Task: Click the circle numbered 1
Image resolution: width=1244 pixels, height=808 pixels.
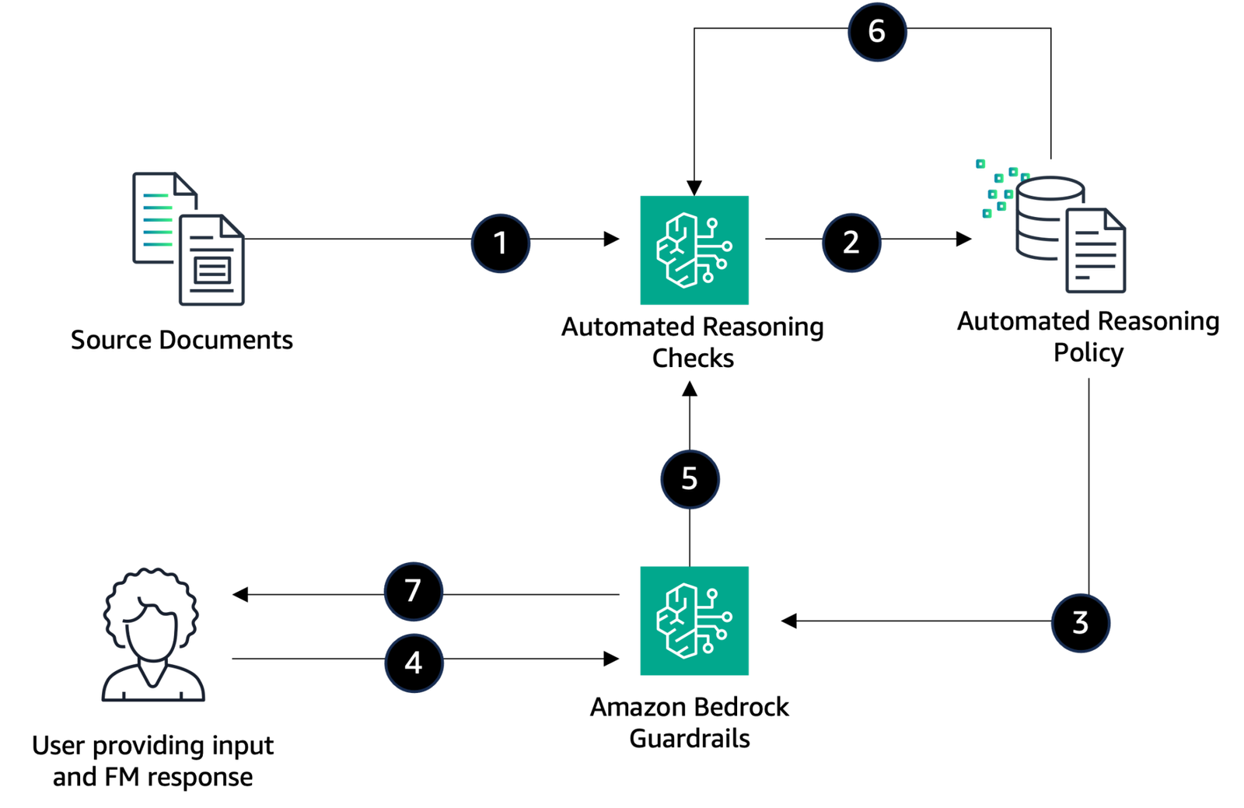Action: click(501, 243)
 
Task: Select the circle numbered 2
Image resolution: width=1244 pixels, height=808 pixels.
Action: click(851, 243)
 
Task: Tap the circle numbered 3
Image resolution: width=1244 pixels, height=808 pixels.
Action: click(1080, 623)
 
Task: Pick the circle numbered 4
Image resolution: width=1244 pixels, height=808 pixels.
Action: click(414, 663)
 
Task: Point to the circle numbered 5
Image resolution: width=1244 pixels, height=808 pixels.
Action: click(690, 479)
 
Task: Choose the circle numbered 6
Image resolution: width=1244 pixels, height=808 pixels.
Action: click(877, 32)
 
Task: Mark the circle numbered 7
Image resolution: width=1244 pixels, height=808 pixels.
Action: click(414, 591)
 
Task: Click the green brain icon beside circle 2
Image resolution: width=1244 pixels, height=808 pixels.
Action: click(694, 250)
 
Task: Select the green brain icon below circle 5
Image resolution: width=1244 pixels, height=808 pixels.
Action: click(694, 621)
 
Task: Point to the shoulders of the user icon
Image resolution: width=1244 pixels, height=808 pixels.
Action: click(153, 688)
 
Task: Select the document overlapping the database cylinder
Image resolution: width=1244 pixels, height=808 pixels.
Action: click(1095, 253)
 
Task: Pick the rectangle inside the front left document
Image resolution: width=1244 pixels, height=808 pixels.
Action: click(212, 271)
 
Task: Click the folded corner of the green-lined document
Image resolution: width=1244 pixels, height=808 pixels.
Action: click(186, 184)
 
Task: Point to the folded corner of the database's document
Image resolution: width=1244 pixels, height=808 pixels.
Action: click(1114, 219)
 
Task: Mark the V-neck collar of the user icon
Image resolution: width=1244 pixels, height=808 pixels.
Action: click(153, 677)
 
